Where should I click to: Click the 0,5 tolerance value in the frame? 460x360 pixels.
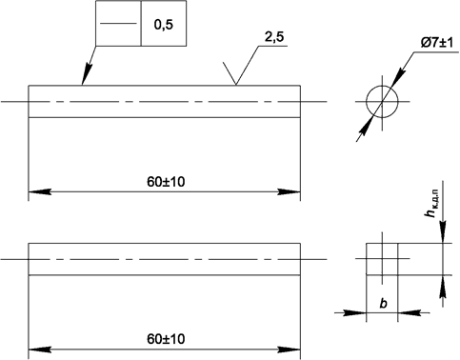[x=164, y=25]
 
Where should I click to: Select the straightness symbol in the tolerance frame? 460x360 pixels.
[x=118, y=23]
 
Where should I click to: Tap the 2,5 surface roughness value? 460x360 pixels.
[x=274, y=37]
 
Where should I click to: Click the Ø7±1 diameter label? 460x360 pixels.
[x=437, y=43]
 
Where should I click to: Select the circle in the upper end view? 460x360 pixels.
[x=382, y=86]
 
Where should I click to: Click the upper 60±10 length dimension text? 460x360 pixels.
[x=166, y=182]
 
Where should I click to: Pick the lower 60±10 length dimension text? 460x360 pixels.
[x=166, y=339]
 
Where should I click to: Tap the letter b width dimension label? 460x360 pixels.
[x=384, y=304]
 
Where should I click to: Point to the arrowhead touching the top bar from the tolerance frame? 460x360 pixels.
[x=87, y=73]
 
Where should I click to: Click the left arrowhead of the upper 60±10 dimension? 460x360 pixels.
[x=40, y=191]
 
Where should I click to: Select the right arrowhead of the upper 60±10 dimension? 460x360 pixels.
[x=289, y=191]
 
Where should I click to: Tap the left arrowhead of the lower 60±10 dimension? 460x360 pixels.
[x=40, y=350]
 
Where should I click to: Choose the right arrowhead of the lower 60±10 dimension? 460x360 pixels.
[x=289, y=350]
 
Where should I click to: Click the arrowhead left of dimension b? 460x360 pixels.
[x=355, y=312]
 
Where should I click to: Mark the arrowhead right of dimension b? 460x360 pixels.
[x=409, y=312]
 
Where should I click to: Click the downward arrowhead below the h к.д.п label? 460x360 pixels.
[x=443, y=232]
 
